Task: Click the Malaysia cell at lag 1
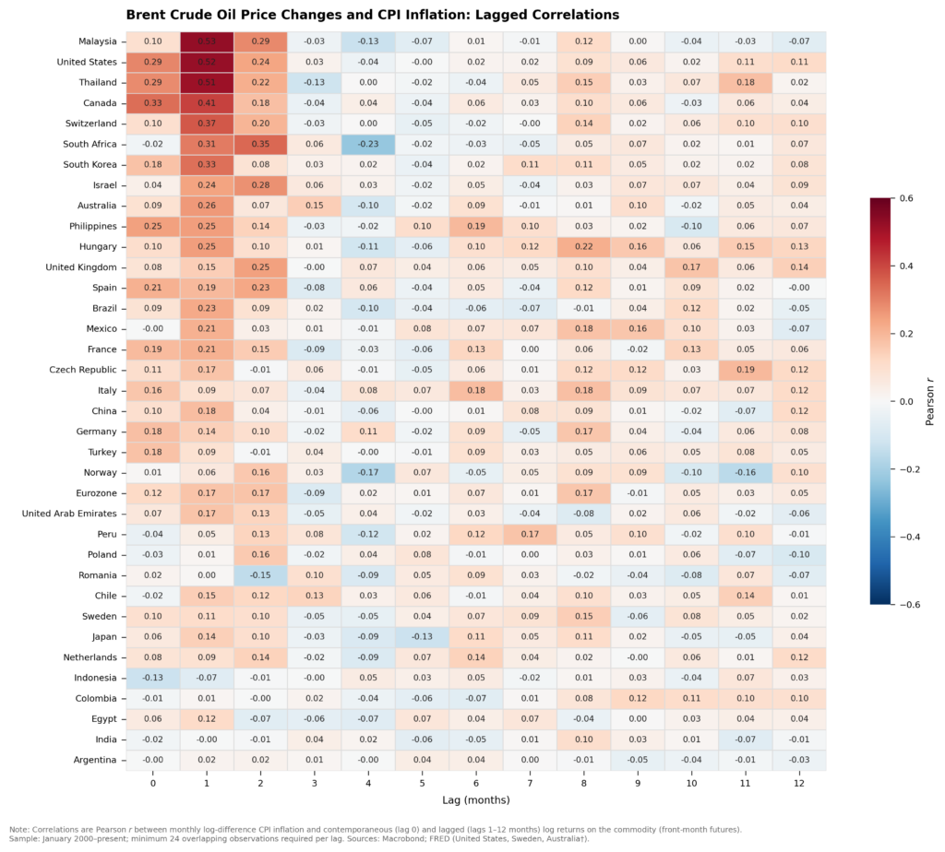(207, 41)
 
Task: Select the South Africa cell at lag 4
(368, 144)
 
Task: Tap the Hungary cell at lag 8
(583, 247)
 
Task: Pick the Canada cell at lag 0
(153, 103)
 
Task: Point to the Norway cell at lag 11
(745, 473)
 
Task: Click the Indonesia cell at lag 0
(153, 678)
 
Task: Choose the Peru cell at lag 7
(530, 535)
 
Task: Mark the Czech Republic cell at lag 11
(745, 370)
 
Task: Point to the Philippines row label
(89, 226)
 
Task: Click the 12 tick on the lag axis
(798, 782)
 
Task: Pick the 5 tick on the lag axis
(422, 782)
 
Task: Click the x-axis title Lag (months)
(475, 799)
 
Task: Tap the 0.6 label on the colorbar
(907, 198)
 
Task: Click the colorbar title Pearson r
(930, 401)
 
